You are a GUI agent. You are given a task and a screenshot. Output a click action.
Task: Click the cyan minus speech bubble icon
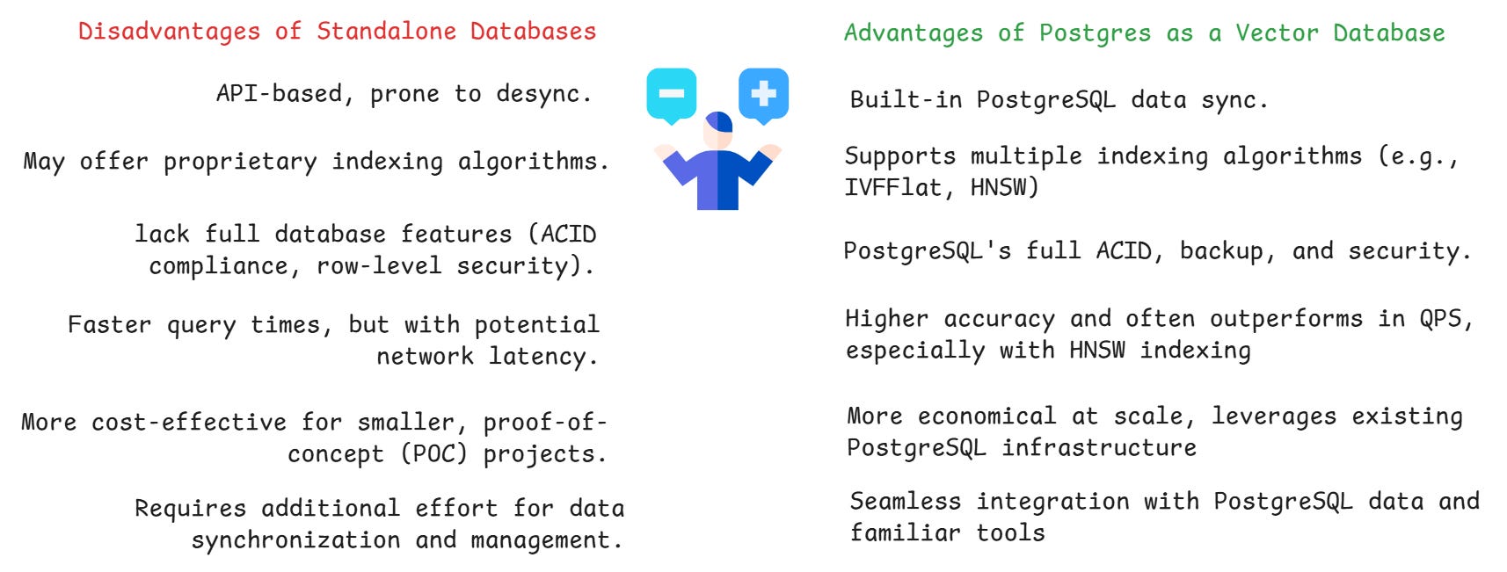click(x=671, y=93)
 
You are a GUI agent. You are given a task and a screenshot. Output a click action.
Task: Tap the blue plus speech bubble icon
click(x=763, y=93)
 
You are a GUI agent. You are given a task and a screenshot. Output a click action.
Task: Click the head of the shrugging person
click(x=718, y=130)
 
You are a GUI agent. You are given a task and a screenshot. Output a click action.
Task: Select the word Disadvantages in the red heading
click(x=169, y=32)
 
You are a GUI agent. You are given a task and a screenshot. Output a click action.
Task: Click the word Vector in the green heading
click(x=1276, y=33)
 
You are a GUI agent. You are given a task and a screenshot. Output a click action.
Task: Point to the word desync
click(x=542, y=94)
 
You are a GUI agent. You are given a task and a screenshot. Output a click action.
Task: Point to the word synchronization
click(x=295, y=540)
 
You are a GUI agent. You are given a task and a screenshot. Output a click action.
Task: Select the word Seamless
click(x=905, y=502)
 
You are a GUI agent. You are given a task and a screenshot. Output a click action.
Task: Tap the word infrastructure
click(x=1099, y=448)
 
